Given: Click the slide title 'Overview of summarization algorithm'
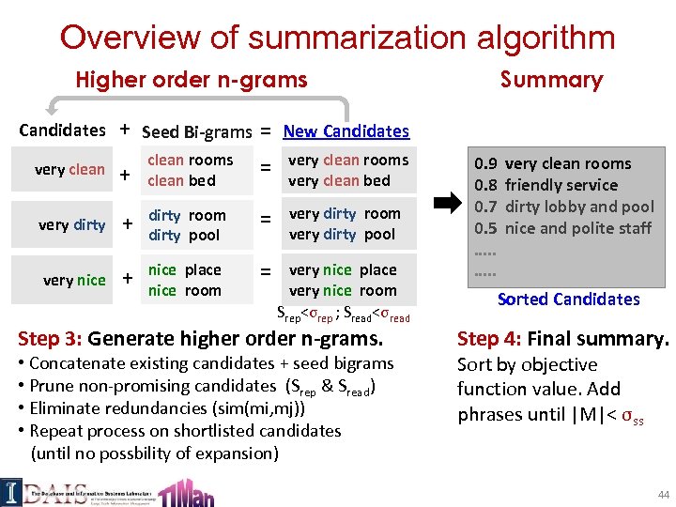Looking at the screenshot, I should pyautogui.click(x=337, y=38).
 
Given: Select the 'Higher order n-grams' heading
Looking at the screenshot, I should pyautogui.click(x=192, y=80).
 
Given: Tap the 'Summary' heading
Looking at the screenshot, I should pyautogui.click(x=551, y=80).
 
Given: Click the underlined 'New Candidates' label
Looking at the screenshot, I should pyautogui.click(x=346, y=131).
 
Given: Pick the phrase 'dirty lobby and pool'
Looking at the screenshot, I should pyautogui.click(x=579, y=207).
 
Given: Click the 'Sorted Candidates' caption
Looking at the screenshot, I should pyautogui.click(x=568, y=299).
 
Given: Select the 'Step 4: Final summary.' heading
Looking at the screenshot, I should pyautogui.click(x=562, y=339).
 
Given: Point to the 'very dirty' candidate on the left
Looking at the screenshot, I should pyautogui.click(x=71, y=224).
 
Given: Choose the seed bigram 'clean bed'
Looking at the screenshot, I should pyautogui.click(x=181, y=180).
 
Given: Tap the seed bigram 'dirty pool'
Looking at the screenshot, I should pyautogui.click(x=184, y=235).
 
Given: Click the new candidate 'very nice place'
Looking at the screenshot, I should pyautogui.click(x=343, y=270).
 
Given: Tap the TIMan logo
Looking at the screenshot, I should pyautogui.click(x=186, y=491).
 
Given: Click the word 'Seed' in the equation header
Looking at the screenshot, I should pyautogui.click(x=161, y=131).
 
